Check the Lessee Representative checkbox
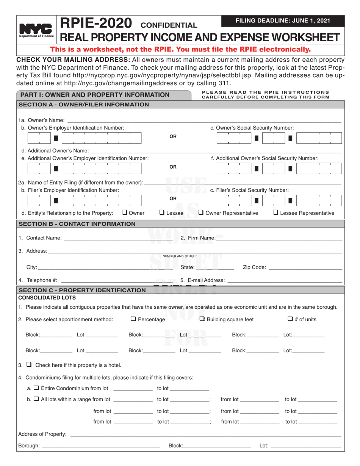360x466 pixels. pos(275,213)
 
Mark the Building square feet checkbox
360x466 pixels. pos(202,319)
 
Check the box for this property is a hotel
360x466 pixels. pos(28,365)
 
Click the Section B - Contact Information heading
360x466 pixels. pos(77,224)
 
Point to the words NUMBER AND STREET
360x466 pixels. pos(180,256)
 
